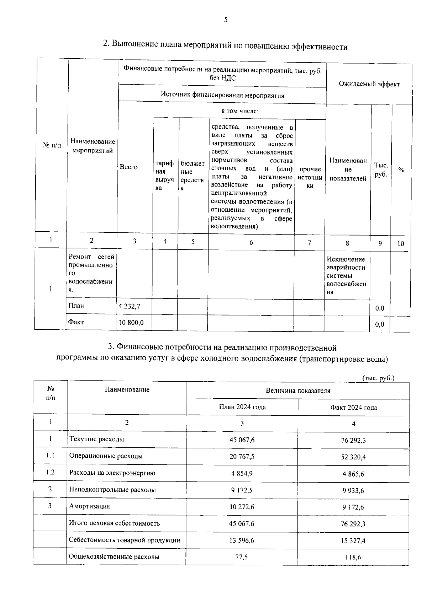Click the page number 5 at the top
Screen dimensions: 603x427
[x=226, y=20]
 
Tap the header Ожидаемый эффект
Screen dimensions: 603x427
[x=369, y=84]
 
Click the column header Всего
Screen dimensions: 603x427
[x=128, y=167]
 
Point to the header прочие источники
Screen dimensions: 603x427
[x=310, y=177]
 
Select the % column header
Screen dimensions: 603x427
[x=401, y=170]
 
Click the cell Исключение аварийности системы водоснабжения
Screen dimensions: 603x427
[x=346, y=275]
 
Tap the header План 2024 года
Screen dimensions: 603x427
[x=242, y=407]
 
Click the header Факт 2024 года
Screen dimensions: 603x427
[x=353, y=408]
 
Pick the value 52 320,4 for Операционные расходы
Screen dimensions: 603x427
[x=353, y=457]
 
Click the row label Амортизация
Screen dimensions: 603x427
[x=89, y=506]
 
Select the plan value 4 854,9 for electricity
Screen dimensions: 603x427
[x=242, y=473]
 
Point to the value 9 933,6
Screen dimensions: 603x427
[x=353, y=491]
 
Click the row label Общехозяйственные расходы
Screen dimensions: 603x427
[x=114, y=557]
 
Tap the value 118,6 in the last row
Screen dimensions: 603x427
[x=353, y=558]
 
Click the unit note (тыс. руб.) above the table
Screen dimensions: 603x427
[x=378, y=378]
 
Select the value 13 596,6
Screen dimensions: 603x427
[x=242, y=540]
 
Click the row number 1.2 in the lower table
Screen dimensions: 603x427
[x=50, y=472]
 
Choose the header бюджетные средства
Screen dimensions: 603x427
[x=192, y=176]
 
